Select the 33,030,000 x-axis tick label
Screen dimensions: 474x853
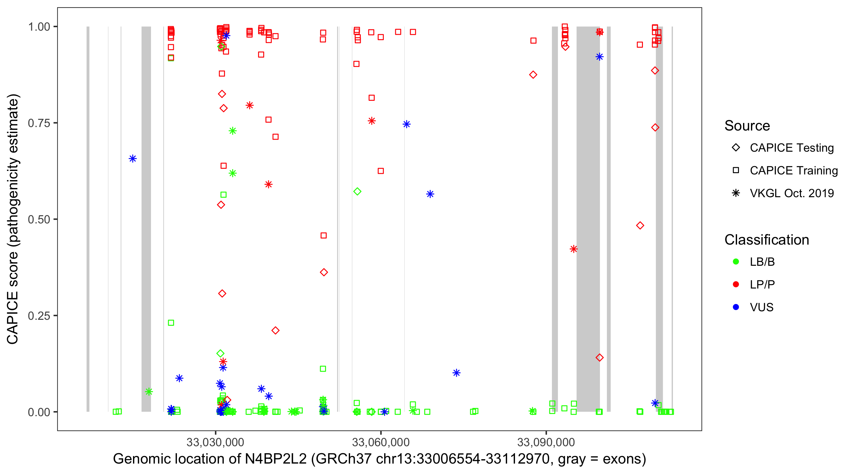[x=215, y=442]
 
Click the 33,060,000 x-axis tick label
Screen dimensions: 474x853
[x=380, y=442]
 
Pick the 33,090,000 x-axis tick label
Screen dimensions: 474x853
[x=546, y=442]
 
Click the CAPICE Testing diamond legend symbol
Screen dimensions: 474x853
[x=736, y=148]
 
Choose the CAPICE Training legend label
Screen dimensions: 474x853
[x=793, y=171]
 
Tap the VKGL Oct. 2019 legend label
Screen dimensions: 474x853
[x=791, y=193]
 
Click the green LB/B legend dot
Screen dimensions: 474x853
[x=736, y=262]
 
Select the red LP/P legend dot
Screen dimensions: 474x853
[x=736, y=284]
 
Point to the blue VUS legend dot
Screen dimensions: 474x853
[x=736, y=307]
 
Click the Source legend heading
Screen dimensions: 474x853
[x=747, y=126]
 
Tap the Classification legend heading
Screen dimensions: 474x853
[x=766, y=240]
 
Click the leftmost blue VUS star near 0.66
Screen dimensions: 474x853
[x=132, y=159]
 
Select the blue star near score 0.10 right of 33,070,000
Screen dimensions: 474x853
[x=456, y=373]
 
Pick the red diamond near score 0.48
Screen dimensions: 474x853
[x=640, y=226]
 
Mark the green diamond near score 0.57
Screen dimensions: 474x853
[x=357, y=191]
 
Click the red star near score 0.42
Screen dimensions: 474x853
[x=573, y=249]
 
